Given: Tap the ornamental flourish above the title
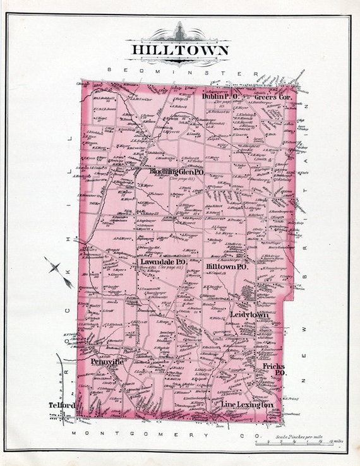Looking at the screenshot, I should coord(180,32).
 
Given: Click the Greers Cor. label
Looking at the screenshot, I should coord(272,97).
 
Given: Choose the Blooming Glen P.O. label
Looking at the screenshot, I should coord(176,172).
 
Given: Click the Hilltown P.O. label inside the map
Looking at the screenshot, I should coord(227,266).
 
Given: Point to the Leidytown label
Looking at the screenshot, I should coord(249,314).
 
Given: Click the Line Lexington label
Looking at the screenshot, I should coord(247,403).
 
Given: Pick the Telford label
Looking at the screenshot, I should coord(63,404).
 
